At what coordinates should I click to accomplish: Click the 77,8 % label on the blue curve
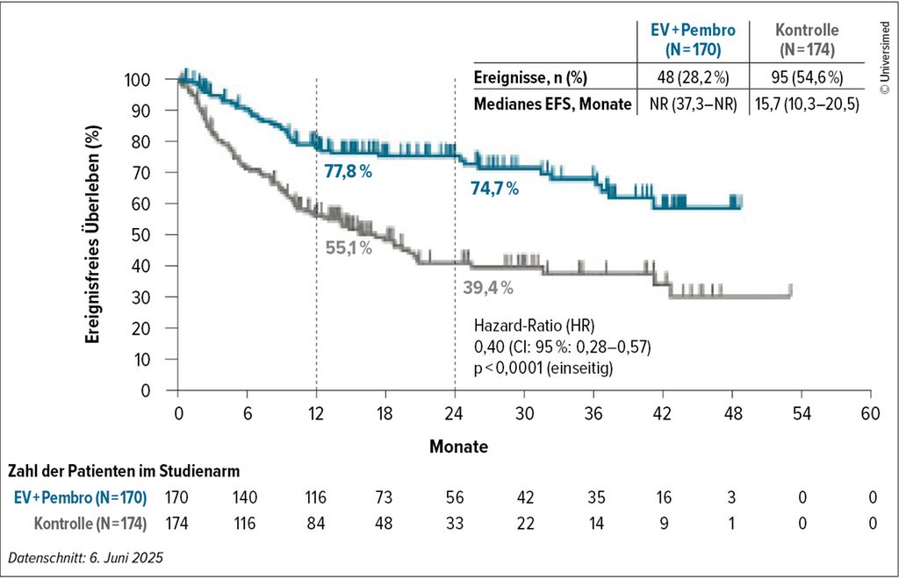349,171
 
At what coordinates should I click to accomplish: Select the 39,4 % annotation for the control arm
488,287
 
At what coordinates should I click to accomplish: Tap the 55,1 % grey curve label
349,248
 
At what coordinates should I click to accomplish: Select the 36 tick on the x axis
593,415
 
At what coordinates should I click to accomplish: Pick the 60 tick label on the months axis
870,415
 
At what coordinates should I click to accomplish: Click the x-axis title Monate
458,447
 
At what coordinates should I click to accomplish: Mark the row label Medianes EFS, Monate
552,104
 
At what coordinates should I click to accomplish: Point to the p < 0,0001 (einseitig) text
543,369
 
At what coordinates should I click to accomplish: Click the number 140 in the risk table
248,498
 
